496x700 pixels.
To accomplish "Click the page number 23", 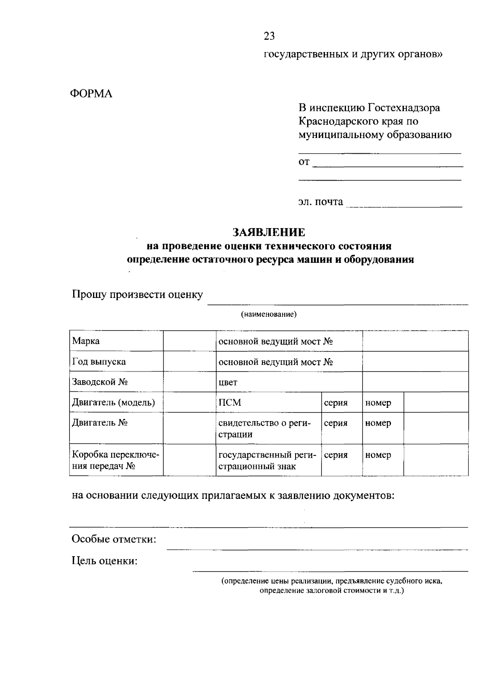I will [269, 36].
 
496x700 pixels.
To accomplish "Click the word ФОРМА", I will [91, 94].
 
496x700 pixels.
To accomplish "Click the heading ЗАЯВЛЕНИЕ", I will [269, 232].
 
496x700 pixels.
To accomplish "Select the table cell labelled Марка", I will [116, 341].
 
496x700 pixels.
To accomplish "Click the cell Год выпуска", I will [116, 362].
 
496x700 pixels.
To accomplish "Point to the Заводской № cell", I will [116, 382].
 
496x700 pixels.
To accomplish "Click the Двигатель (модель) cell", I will [116, 402].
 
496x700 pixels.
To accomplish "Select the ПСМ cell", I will [268, 402].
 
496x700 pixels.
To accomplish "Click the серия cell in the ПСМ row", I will [341, 402].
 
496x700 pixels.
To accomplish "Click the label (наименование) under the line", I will [269, 314].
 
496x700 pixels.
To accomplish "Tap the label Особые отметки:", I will [114, 539].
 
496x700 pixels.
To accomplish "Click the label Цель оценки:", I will [105, 561].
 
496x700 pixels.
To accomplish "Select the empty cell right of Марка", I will [189, 341].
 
